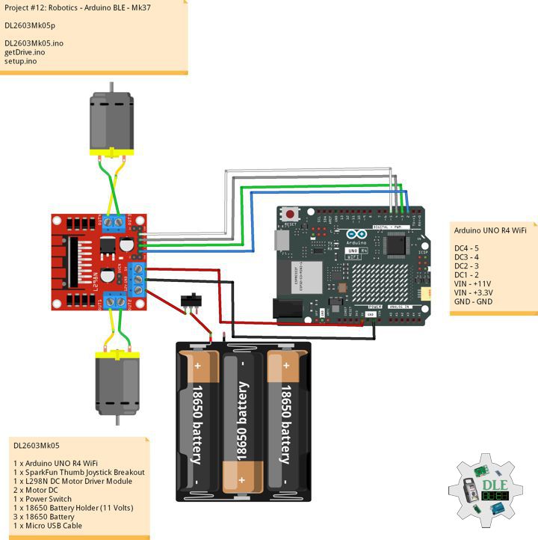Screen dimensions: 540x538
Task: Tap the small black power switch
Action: pos(192,299)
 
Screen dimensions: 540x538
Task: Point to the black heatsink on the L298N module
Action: pos(75,261)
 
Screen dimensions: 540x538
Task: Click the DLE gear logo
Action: pos(486,494)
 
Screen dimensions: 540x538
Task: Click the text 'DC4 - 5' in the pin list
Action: pos(466,248)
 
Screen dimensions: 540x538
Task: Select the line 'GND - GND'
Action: pos(472,301)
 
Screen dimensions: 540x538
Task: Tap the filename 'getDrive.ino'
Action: pos(25,52)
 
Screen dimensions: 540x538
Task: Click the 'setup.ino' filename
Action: pos(21,61)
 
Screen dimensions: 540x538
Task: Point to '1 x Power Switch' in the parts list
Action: pos(43,499)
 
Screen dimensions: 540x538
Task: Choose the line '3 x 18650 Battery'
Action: pos(44,517)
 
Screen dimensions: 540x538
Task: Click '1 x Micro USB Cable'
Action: pos(48,526)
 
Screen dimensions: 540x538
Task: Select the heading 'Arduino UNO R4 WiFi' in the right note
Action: pos(490,231)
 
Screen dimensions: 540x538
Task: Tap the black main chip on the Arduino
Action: pos(395,244)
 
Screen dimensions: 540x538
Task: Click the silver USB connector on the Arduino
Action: pos(281,239)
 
